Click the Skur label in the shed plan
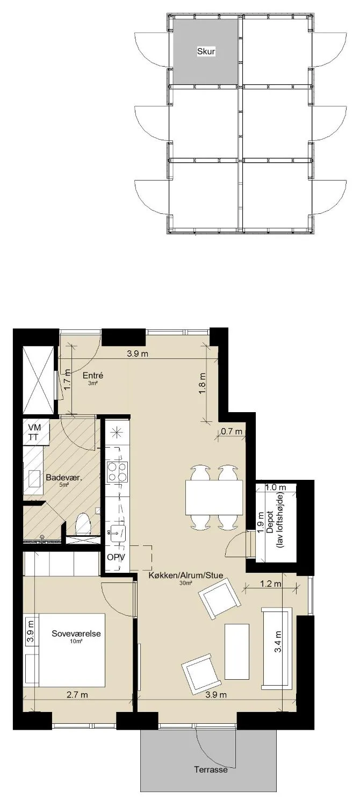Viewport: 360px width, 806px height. point(206,52)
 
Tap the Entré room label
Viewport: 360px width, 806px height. point(93,376)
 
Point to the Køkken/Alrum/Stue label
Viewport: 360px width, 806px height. point(186,575)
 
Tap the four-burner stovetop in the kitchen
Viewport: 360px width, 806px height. point(117,472)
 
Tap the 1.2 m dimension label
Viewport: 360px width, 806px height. point(271,583)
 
